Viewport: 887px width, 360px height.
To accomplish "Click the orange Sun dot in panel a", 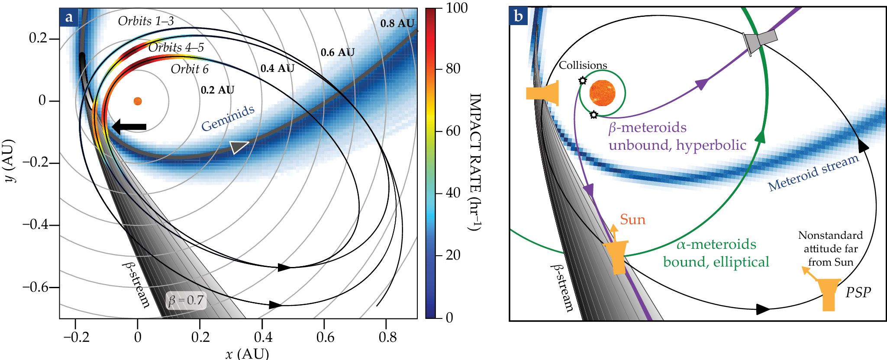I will [x=137, y=101].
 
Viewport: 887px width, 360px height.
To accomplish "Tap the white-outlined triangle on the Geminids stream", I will [x=239, y=147].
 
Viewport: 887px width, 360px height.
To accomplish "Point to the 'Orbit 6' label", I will [x=189, y=69].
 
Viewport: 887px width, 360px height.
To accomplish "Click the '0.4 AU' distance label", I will [x=277, y=68].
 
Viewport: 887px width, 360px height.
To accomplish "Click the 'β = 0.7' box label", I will [x=186, y=300].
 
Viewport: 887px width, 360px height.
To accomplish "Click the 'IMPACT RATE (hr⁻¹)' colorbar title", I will [x=476, y=162].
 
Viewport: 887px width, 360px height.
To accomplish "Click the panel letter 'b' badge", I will [x=519, y=16].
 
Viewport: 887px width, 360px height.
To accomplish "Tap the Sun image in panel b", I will [x=602, y=93].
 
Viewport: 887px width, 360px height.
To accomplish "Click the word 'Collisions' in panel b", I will [x=583, y=65].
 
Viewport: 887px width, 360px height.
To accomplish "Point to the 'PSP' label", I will [x=858, y=293].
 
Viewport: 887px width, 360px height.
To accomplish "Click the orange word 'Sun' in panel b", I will [x=632, y=220].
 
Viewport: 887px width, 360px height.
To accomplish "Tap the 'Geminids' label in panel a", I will [x=228, y=118].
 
